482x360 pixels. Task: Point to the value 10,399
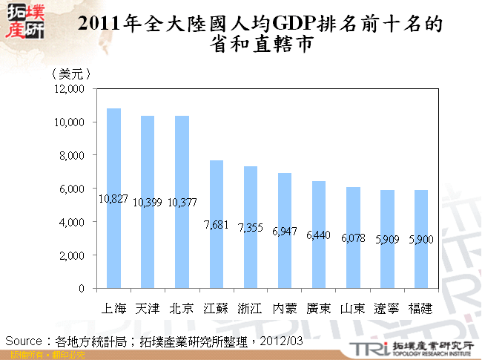click(x=148, y=202)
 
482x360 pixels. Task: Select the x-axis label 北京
click(x=182, y=307)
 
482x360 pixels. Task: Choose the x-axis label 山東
click(x=353, y=307)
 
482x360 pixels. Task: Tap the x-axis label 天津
click(x=148, y=307)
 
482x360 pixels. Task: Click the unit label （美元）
click(x=71, y=73)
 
